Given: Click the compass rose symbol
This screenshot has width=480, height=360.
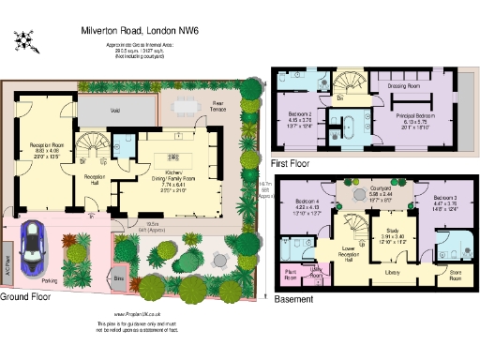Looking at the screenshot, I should (25, 40).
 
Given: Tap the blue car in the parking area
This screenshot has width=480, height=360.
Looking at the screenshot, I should (34, 248).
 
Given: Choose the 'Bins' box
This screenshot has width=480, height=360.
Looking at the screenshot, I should (119, 278).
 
